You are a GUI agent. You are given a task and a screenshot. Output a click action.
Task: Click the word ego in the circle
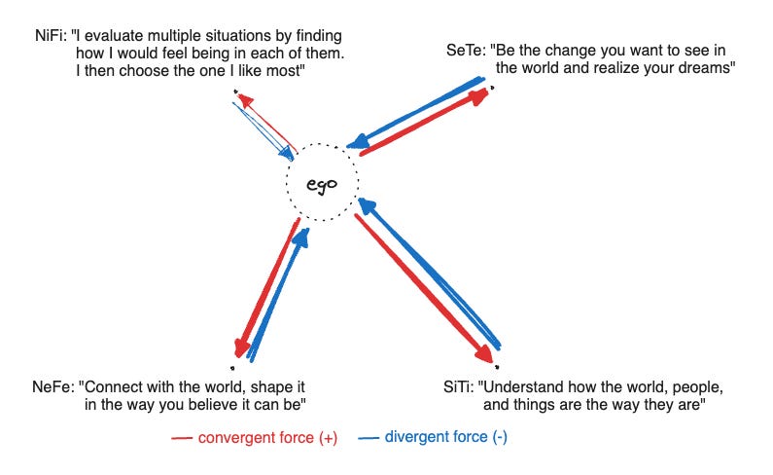[321, 184]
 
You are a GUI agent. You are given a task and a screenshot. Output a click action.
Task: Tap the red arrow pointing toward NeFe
[264, 287]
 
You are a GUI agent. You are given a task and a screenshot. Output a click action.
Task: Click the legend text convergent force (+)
[267, 438]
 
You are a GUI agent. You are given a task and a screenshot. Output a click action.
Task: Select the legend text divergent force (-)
[445, 438]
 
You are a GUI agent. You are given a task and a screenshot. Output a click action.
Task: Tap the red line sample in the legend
[182, 439]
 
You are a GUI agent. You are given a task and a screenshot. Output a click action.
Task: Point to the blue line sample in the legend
[369, 439]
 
